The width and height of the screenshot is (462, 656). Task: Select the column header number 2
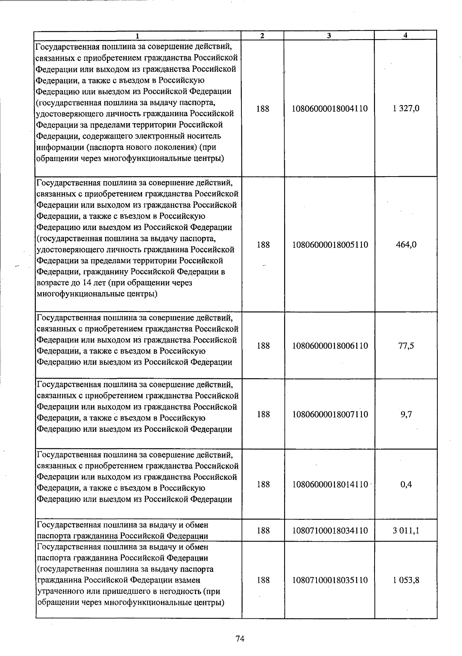coord(262,36)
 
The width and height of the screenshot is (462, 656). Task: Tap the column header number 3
coord(329,36)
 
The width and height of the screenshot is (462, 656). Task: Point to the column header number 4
coord(405,35)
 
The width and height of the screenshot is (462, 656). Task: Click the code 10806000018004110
coord(330,109)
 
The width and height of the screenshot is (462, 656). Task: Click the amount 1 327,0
coord(406,109)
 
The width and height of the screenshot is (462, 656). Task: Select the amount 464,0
coord(406,245)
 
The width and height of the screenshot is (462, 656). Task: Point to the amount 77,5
coord(406,346)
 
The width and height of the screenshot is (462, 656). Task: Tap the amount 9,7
coord(406,414)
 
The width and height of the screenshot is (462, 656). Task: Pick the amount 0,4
coord(406,484)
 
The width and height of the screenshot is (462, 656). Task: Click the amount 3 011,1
coord(406,531)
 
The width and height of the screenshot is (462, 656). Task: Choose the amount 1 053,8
coord(406,580)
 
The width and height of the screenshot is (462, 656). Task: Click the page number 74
coord(240,639)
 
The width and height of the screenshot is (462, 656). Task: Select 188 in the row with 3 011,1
coord(263,531)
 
